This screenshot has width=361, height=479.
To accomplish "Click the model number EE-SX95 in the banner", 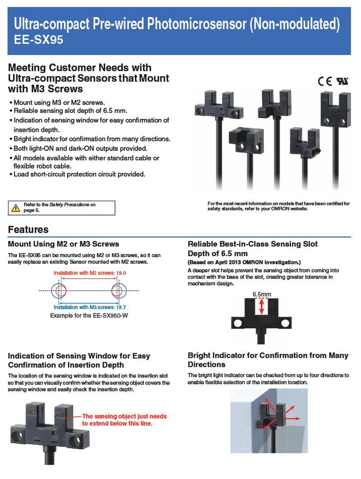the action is click(38, 39).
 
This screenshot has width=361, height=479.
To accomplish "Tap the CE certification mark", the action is click(325, 81).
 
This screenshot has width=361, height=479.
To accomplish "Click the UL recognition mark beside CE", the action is click(342, 81).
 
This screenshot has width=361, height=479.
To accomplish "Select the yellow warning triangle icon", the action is click(15, 208).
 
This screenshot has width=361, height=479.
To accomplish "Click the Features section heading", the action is click(28, 230).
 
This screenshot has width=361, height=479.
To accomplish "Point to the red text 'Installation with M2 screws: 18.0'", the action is click(90, 273).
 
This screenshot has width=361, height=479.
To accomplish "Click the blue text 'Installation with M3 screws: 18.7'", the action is click(90, 307).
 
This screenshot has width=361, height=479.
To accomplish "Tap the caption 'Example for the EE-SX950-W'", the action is click(89, 315).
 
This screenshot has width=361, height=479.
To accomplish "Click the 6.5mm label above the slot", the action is click(262, 294).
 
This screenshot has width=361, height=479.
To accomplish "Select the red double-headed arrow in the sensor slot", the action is click(262, 306).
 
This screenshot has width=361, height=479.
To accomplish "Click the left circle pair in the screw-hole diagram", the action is click(59, 291).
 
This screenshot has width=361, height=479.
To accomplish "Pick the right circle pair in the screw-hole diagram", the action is click(118, 291).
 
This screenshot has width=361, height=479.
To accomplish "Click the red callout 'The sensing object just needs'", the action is click(125, 416).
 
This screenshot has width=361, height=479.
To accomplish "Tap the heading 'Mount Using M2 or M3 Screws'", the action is click(64, 244).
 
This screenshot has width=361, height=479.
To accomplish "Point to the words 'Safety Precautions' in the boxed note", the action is click(69, 204).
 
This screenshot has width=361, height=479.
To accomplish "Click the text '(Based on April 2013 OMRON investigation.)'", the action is click(244, 262).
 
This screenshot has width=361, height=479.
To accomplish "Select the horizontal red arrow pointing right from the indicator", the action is click(292, 418).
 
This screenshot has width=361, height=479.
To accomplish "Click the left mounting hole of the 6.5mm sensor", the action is click(237, 323).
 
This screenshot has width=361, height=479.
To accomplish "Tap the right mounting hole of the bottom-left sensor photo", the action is click(75, 440).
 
